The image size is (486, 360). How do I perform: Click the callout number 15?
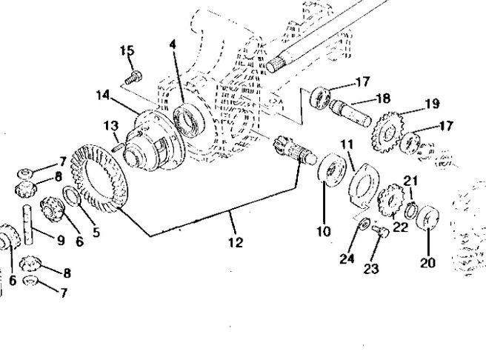[x=127, y=50]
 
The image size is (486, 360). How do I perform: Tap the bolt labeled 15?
[x=134, y=78]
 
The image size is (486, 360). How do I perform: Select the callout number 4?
[x=173, y=45]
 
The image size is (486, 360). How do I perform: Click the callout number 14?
[x=102, y=95]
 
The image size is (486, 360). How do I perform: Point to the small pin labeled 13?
[x=118, y=146]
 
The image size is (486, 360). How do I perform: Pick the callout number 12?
[x=236, y=242]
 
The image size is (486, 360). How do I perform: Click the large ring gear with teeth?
[x=99, y=179]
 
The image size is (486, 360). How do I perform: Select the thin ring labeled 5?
[x=72, y=196]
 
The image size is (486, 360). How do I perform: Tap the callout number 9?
[x=61, y=240]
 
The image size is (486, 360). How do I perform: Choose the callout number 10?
[x=324, y=231]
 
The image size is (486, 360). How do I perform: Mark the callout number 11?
[x=347, y=144]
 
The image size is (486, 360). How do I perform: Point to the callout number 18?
[x=383, y=99]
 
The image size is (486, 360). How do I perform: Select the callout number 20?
[x=427, y=263]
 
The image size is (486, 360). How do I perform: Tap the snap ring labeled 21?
[x=411, y=210]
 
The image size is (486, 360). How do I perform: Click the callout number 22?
[x=400, y=227]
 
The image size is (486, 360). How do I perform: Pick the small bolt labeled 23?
[x=381, y=231]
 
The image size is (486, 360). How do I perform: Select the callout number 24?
[x=347, y=259]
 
